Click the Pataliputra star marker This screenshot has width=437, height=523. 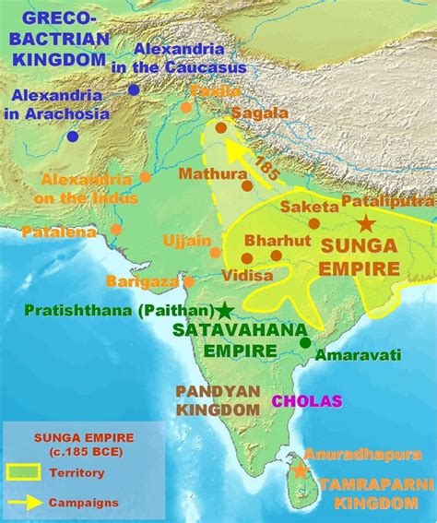366,223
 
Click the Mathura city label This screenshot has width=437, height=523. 206,172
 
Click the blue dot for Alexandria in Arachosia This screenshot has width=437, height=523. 73,136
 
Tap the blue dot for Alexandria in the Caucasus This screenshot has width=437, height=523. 135,89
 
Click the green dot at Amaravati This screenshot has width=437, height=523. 305,343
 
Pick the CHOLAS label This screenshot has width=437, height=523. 307,400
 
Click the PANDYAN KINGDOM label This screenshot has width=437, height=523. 218,399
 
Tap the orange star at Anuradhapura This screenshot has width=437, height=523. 299,471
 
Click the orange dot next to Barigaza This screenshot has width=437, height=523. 188,281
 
